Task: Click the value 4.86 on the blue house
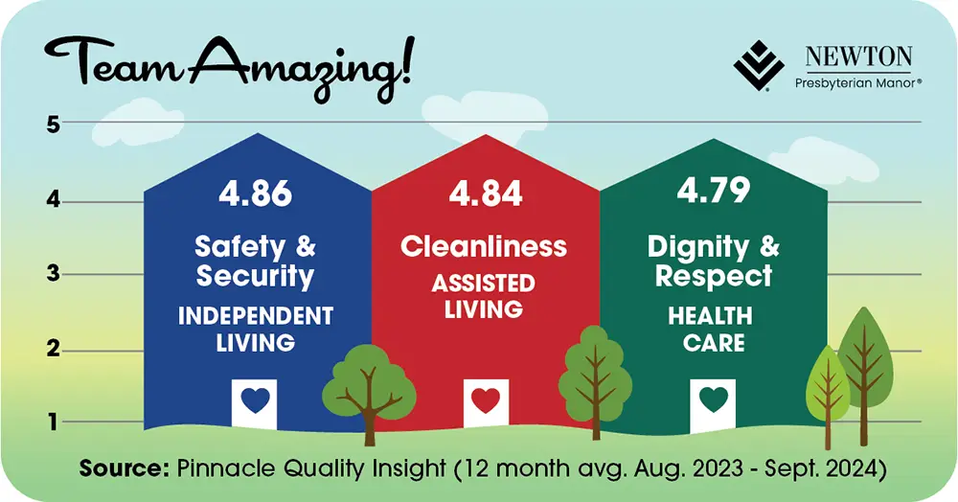pos(255,194)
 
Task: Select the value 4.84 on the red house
pos(486,194)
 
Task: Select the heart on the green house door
pos(714,399)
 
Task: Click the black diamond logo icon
pos(759,65)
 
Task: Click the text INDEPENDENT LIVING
pos(255,329)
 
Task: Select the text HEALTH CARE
pos(714,329)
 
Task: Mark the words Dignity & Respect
pos(714,261)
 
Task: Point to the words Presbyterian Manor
pos(858,83)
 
